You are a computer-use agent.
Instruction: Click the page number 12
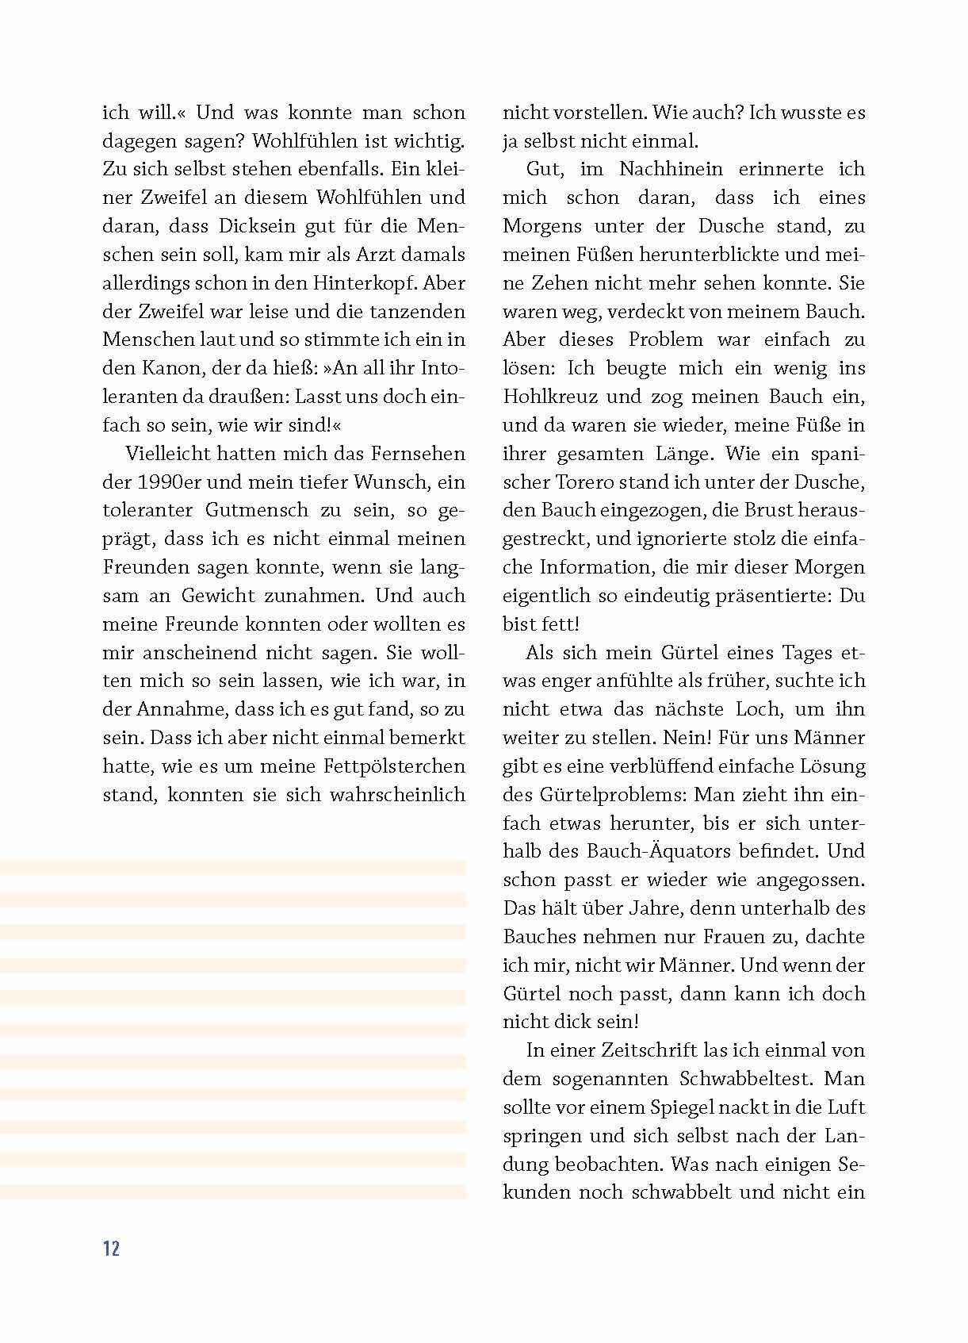tap(111, 1248)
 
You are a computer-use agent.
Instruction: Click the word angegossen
tap(809, 880)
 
